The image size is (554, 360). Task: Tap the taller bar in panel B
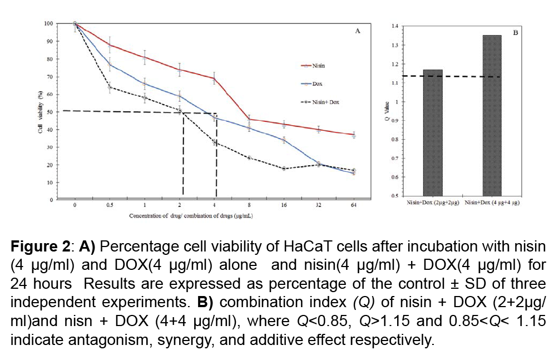(x=492, y=115)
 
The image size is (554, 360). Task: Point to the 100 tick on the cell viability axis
(x=48, y=23)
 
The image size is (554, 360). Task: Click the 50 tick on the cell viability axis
(x=50, y=112)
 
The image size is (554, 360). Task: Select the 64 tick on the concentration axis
(x=354, y=205)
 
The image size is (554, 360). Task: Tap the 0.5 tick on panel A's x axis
(x=110, y=205)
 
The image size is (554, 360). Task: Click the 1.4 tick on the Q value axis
(x=394, y=26)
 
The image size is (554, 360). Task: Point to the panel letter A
(x=358, y=31)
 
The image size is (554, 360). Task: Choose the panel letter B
(x=515, y=33)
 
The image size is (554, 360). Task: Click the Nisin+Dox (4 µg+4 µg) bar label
(x=492, y=204)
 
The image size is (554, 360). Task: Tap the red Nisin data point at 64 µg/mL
(x=354, y=135)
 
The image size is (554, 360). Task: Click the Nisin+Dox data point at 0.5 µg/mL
(x=110, y=87)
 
